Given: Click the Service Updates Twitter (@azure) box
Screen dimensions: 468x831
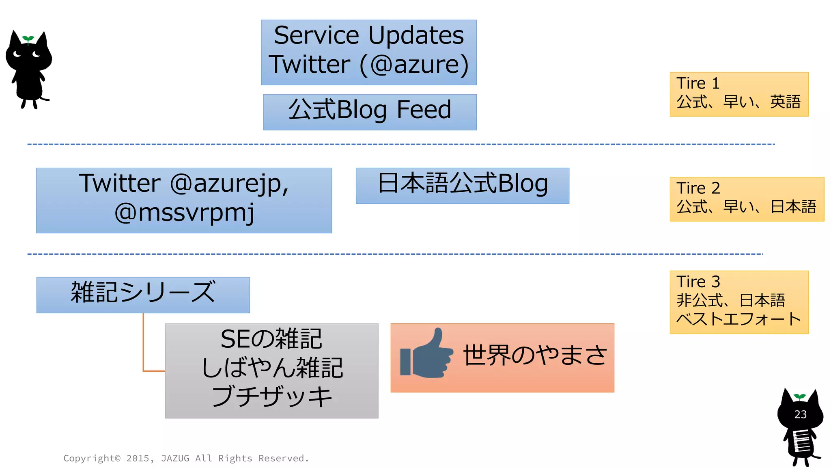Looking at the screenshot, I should click(368, 52).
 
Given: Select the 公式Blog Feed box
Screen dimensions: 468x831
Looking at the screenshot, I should click(370, 112).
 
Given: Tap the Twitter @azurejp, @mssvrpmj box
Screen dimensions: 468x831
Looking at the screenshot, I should click(184, 200).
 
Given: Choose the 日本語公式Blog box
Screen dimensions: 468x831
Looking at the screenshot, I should click(462, 186).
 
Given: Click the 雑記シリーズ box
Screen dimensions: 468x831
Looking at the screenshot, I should click(143, 295).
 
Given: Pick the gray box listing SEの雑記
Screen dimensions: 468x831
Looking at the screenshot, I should click(271, 370).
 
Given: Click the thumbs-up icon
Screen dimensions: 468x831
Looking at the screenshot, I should click(426, 354).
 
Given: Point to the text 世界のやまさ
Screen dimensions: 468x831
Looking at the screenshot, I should click(535, 355).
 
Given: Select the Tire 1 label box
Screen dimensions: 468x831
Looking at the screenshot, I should click(738, 94).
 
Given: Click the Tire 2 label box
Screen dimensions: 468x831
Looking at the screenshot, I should click(747, 199).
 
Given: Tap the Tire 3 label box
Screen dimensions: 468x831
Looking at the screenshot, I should click(738, 302).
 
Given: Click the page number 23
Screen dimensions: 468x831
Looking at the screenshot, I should click(800, 414).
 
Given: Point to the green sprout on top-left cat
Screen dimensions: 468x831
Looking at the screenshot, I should click(28, 39).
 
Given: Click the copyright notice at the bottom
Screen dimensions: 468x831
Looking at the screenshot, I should click(186, 458).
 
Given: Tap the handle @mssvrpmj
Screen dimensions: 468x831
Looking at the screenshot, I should click(184, 213).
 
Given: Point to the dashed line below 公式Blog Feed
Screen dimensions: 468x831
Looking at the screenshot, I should click(401, 144).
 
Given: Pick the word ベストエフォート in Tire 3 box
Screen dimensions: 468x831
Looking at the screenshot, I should click(738, 319).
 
